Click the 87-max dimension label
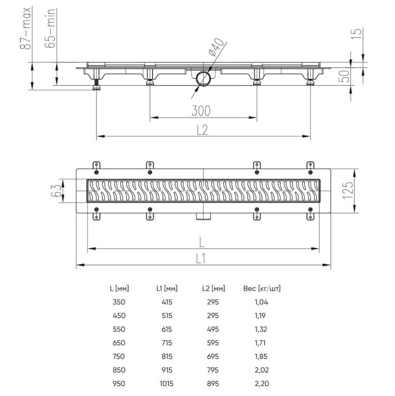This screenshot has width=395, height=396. pos(26,28)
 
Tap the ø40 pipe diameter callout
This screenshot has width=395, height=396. pos(216,47)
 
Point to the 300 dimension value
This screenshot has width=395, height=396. pos(201,111)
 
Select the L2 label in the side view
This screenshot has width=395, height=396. pos(203,130)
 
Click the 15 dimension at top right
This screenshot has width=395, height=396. pos(357,33)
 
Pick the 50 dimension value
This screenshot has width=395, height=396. pos(344,76)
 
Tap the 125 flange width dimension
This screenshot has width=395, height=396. pos(348,190)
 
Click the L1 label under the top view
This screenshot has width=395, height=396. pos(201,258)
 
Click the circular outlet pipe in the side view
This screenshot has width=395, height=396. pos(203,79)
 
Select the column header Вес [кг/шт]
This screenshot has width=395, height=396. pos(262,288)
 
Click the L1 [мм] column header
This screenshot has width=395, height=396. pos(167,288)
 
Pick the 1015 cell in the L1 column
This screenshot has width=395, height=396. pos(167,384)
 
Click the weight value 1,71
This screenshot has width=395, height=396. pos(260,343)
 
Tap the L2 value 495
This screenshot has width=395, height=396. pos(213,329)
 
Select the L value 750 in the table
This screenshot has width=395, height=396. pos(119,356)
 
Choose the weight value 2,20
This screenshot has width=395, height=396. pos(262,384)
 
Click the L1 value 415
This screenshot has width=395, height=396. pos(167,302)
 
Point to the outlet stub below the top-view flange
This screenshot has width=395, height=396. pos(203,216)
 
